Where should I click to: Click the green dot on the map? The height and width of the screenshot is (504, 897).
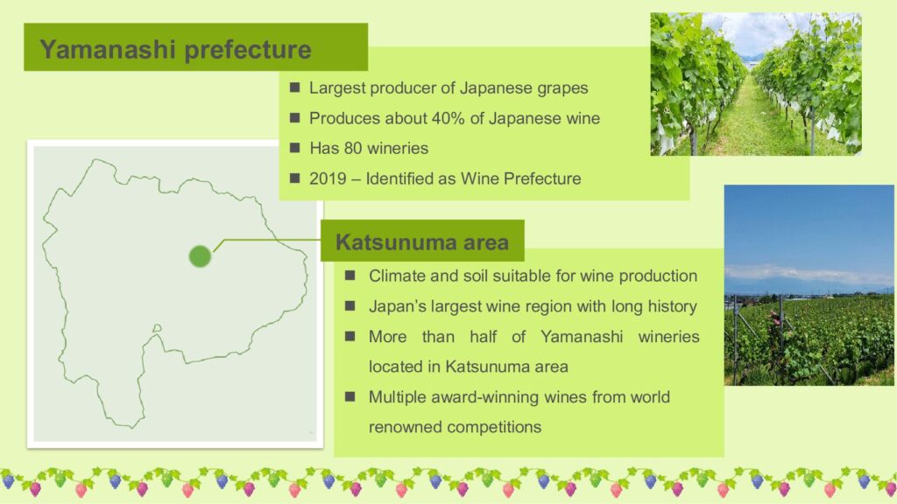click(x=200, y=256)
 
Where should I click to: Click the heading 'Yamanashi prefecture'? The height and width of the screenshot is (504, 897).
click(x=175, y=49)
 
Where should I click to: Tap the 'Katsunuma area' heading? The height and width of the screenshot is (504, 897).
click(x=422, y=242)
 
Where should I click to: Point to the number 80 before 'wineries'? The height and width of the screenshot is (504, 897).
click(x=353, y=148)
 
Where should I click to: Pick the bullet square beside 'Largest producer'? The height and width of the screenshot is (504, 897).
click(x=294, y=87)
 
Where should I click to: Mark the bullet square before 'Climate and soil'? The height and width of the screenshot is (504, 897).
click(x=350, y=276)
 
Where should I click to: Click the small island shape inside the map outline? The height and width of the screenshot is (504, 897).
click(x=157, y=328)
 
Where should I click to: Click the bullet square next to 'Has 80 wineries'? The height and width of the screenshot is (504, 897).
click(x=294, y=148)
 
